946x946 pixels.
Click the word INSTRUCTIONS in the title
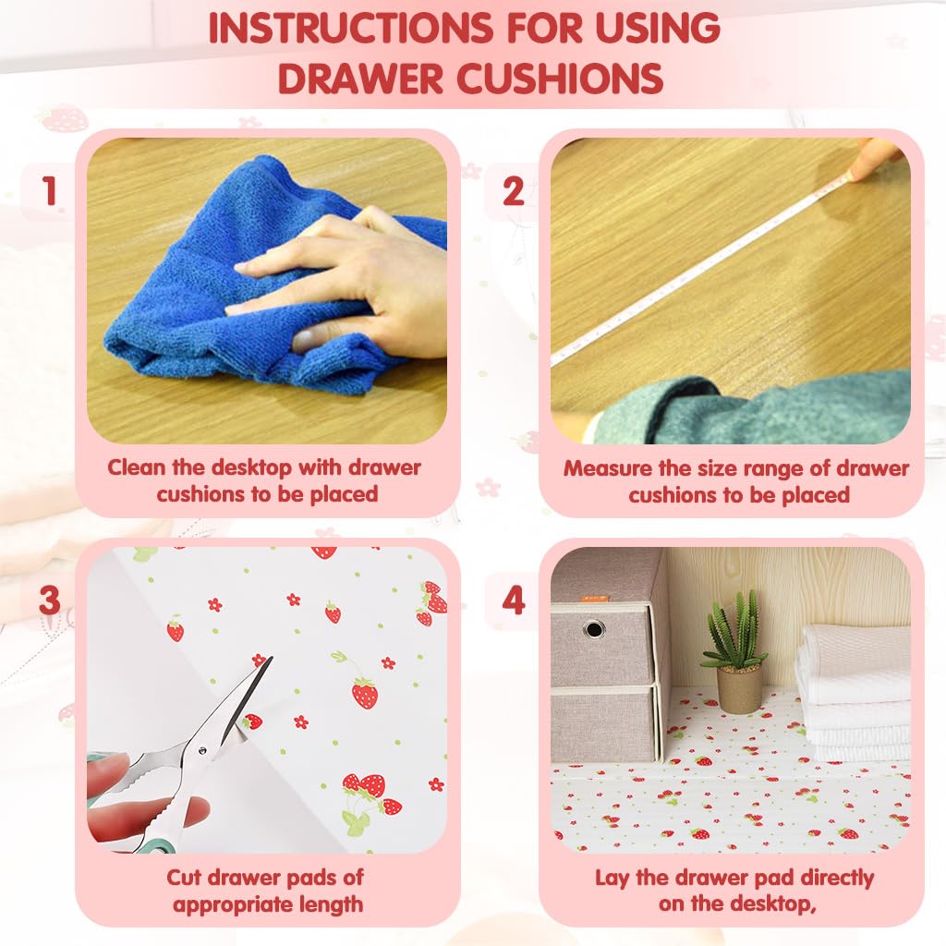[350, 28]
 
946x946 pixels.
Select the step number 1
[50, 191]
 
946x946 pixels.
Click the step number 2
[514, 191]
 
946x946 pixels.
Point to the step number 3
[50, 600]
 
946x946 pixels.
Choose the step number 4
[514, 600]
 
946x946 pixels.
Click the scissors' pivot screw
[201, 750]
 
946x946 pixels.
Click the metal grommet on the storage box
[594, 628]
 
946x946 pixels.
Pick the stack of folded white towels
[854, 694]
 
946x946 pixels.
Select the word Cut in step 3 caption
[184, 877]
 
